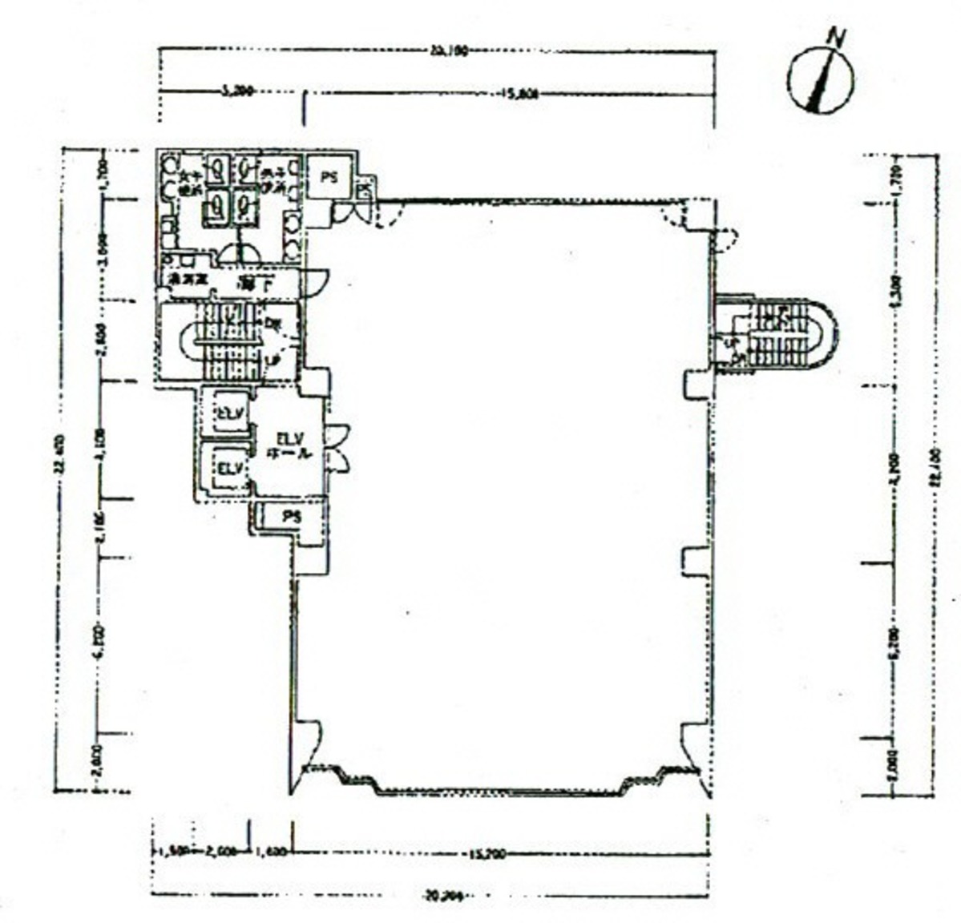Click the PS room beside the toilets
coord(329,178)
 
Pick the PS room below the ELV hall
coord(292,518)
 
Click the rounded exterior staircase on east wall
coord(773,335)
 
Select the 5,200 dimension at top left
coord(234,92)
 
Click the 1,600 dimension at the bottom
coord(271,854)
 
